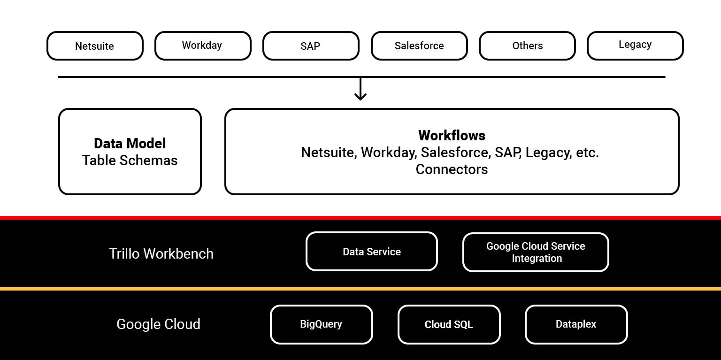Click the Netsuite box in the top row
[x=95, y=46]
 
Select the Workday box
[x=203, y=46]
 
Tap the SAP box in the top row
[x=311, y=46]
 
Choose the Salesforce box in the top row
[x=419, y=46]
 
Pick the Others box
[x=527, y=46]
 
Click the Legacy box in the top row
[x=635, y=45]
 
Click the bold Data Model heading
[x=130, y=143]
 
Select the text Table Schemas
[x=130, y=161]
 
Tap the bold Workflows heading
[x=452, y=136]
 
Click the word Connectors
[x=452, y=169]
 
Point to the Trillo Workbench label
[x=161, y=254]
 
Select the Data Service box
[x=372, y=252]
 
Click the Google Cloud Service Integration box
[x=536, y=253]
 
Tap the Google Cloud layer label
[x=158, y=324]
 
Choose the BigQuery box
[x=321, y=324]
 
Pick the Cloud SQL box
[x=449, y=325]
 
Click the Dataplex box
[x=576, y=324]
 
